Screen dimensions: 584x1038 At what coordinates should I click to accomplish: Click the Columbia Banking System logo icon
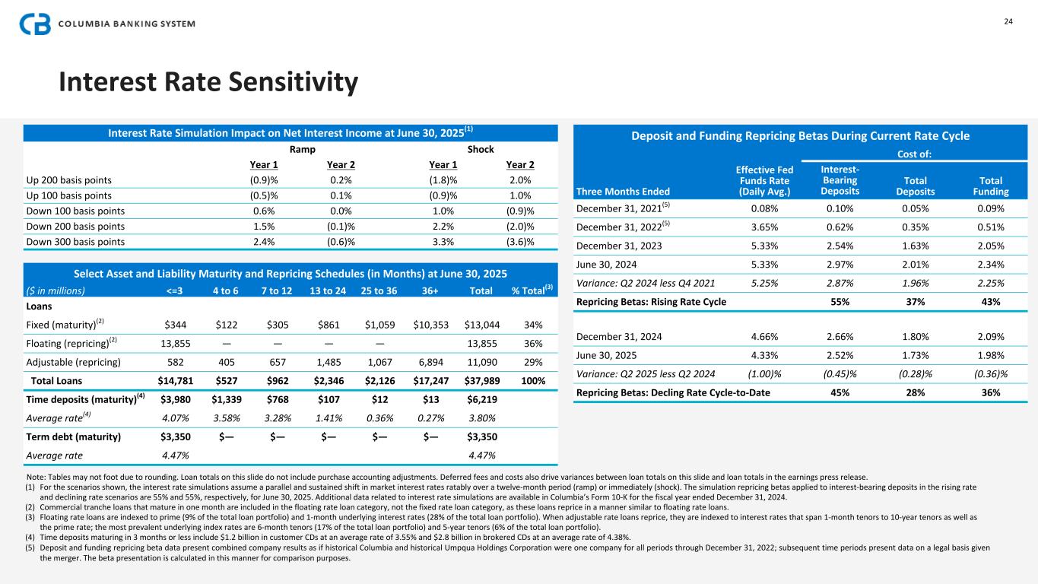point(36,24)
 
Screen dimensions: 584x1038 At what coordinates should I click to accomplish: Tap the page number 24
point(1008,21)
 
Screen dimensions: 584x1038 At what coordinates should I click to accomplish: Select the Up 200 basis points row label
point(68,180)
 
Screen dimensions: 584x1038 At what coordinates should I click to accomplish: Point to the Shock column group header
point(481,149)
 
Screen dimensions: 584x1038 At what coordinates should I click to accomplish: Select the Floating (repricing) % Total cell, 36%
point(535,344)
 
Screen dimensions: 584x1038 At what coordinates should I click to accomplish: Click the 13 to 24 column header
point(326,290)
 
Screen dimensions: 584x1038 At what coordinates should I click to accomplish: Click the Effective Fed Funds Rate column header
point(764,180)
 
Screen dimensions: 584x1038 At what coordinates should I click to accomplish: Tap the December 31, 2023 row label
point(621,246)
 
